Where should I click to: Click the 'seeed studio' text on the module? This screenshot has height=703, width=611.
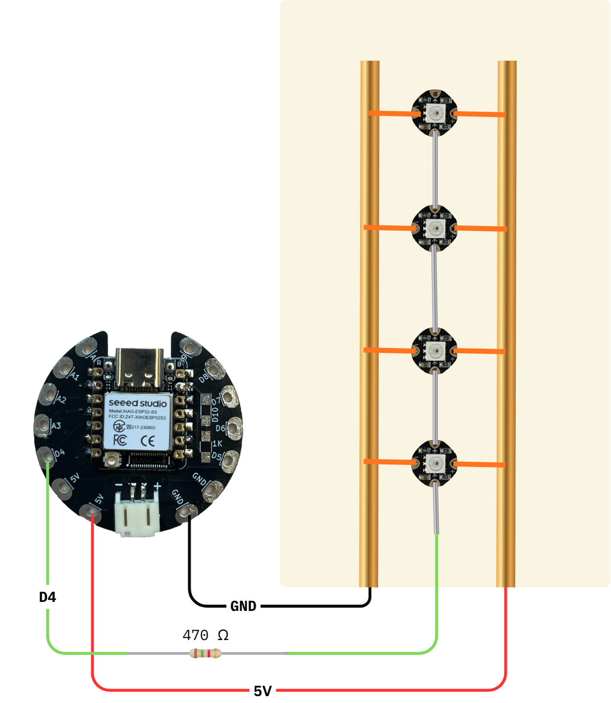[x=137, y=403]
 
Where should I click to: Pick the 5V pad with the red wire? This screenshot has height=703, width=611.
[x=91, y=512]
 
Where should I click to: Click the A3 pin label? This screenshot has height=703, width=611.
[x=57, y=426]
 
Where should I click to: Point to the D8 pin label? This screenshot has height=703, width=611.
[x=203, y=378]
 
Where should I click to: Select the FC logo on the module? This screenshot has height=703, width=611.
[x=120, y=440]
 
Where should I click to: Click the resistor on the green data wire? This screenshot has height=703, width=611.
[x=205, y=654]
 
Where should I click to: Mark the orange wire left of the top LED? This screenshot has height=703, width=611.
[x=391, y=113]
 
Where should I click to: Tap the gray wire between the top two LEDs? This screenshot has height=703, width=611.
[x=435, y=169]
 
